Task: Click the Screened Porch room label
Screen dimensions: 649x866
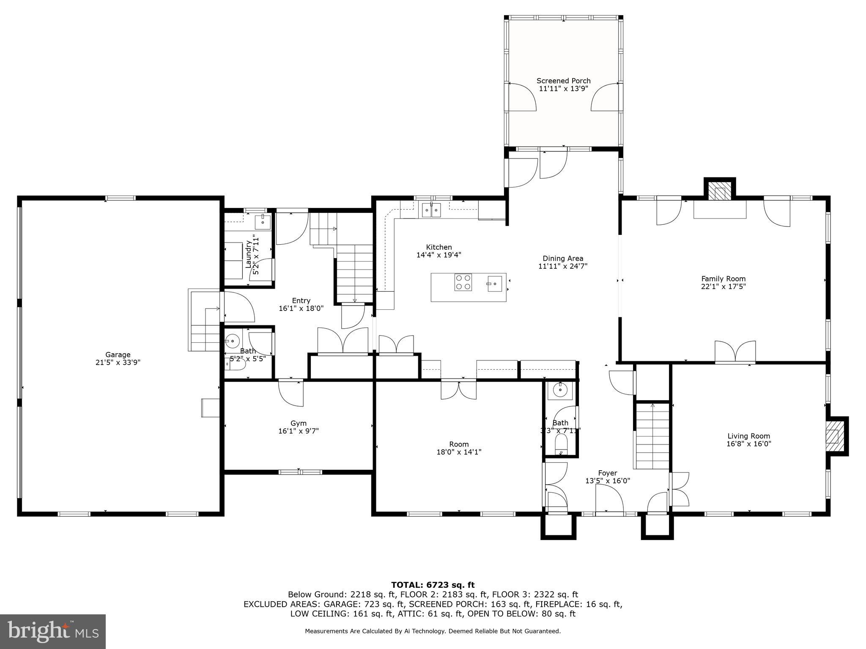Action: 563,81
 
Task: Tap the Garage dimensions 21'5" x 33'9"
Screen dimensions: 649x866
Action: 118,362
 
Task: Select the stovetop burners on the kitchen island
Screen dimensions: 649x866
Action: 463,282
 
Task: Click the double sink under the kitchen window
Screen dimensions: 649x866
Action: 431,210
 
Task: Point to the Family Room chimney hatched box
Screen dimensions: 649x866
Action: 720,191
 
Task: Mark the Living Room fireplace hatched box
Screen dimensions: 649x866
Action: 833,436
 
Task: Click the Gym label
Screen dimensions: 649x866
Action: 298,423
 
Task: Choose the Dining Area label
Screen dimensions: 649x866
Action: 563,258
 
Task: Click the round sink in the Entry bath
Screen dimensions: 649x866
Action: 232,340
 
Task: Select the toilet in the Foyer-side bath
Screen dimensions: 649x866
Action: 561,444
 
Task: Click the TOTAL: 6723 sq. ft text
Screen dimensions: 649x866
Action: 433,585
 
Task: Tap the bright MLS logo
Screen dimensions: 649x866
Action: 53,631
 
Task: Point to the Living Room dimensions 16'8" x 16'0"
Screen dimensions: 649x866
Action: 748,444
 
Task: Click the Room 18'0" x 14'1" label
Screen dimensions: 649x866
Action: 459,448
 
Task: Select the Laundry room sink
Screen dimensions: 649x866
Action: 263,221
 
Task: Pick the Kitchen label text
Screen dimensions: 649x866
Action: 438,247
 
